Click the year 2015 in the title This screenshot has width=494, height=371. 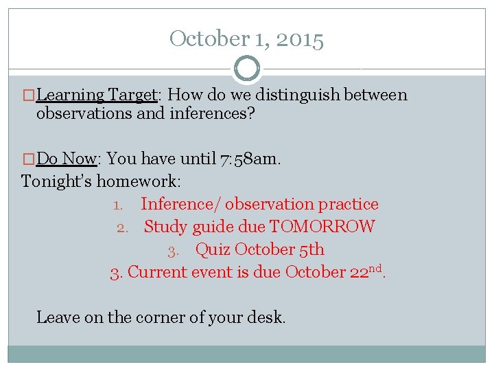coord(300,39)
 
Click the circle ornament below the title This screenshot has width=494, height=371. coord(247,69)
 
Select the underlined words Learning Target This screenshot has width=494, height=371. coord(97,95)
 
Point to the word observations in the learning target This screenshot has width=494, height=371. coord(84,113)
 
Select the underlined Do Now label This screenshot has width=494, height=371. coord(66,159)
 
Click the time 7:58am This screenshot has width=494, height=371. coord(250,159)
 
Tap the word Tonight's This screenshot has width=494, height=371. coord(57,181)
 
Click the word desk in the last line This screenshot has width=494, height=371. coord(268,317)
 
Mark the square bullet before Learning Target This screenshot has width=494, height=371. coord(30,95)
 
